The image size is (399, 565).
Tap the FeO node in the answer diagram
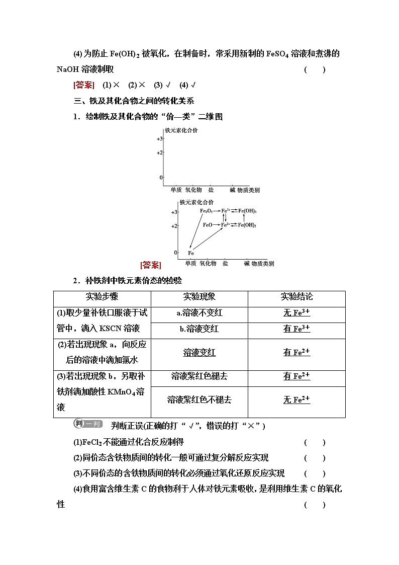pos(208,225)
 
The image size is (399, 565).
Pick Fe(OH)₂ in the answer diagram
pos(247,225)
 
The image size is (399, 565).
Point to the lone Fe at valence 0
pos(191,253)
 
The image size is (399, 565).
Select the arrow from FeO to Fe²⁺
pos(217,225)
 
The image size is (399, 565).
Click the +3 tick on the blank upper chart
pos(159,138)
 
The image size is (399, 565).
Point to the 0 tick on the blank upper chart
pos(161,178)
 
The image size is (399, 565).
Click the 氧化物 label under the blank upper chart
pos(193,190)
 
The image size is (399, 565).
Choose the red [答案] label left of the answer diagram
pos(151,265)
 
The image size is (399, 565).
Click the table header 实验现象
pos(199,297)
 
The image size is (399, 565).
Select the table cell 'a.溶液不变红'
pos(199,313)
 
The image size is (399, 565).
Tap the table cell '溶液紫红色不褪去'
pos(199,400)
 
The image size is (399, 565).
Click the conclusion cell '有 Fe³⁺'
pos(296,329)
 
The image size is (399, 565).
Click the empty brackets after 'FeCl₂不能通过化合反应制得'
pos(315,443)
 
